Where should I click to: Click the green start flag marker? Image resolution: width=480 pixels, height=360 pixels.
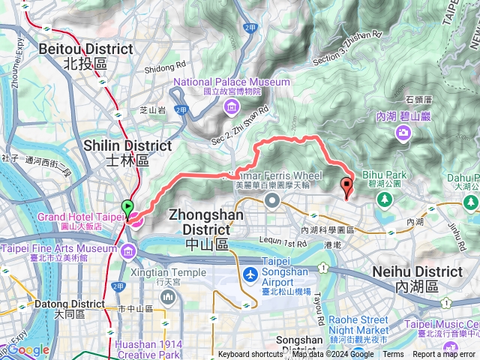tap(127, 206)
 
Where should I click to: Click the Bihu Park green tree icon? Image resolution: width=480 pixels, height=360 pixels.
tap(384, 199)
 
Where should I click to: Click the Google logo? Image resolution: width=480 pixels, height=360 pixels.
tap(28, 349)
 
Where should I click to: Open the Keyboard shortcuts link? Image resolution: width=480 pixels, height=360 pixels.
tap(250, 355)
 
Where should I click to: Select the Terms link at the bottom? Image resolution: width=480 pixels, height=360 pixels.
tap(393, 355)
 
